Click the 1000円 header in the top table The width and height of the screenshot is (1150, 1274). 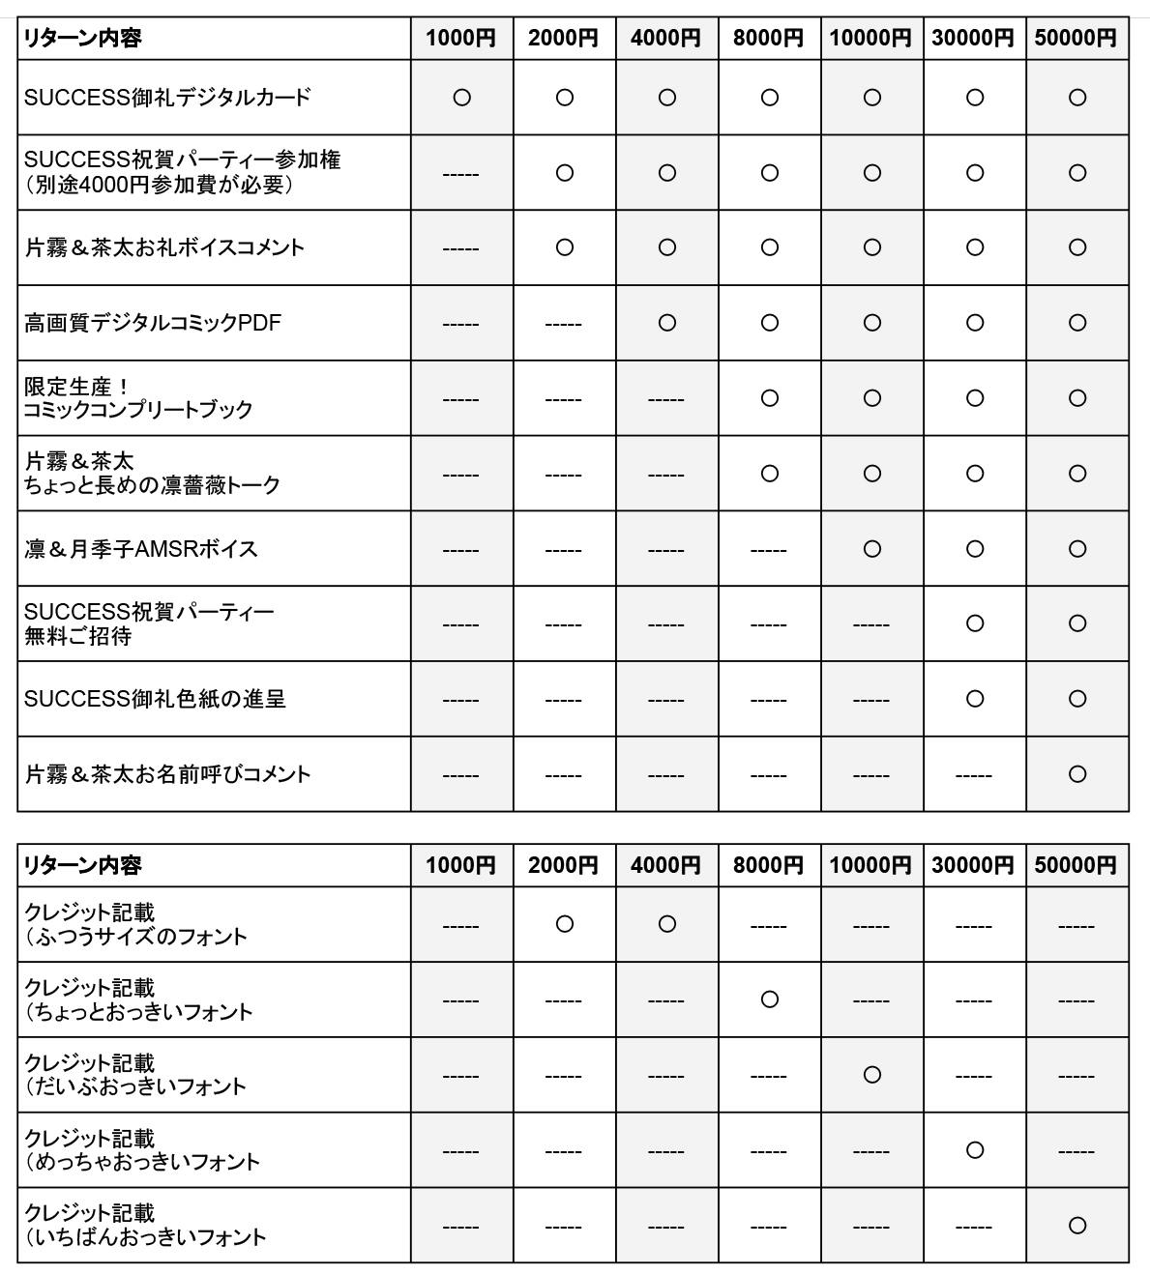(x=461, y=39)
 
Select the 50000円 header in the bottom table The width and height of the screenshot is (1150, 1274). (x=1076, y=865)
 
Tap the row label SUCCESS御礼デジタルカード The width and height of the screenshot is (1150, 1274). (x=167, y=98)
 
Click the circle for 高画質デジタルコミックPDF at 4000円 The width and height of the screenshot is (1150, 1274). (x=666, y=323)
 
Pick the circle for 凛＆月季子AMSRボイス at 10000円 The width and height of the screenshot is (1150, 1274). (x=871, y=549)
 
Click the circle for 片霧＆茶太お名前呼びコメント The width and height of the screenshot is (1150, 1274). (x=1076, y=774)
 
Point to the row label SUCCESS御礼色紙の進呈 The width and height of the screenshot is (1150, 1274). (x=155, y=699)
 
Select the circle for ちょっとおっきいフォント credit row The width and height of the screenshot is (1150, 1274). (x=769, y=999)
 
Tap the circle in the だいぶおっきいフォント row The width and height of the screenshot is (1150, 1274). (x=871, y=1075)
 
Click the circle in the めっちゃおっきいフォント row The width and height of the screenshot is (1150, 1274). (x=974, y=1150)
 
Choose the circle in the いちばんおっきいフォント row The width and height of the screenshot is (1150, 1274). (x=1076, y=1226)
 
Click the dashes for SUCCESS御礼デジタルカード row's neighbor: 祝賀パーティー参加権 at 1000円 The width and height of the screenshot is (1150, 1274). (x=460, y=174)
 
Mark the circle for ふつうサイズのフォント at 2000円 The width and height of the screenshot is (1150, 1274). (x=564, y=924)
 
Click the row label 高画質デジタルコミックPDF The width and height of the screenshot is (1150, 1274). (x=153, y=323)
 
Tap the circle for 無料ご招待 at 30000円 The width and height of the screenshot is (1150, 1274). (x=974, y=623)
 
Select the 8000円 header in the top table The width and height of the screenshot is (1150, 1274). (x=768, y=39)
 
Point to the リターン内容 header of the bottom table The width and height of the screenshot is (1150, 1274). (x=82, y=865)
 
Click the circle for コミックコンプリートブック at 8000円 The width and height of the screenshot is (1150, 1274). (x=769, y=398)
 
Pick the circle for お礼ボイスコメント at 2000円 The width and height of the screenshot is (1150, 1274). (x=564, y=247)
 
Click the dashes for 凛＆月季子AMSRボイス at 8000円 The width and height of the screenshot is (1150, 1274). (x=768, y=550)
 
